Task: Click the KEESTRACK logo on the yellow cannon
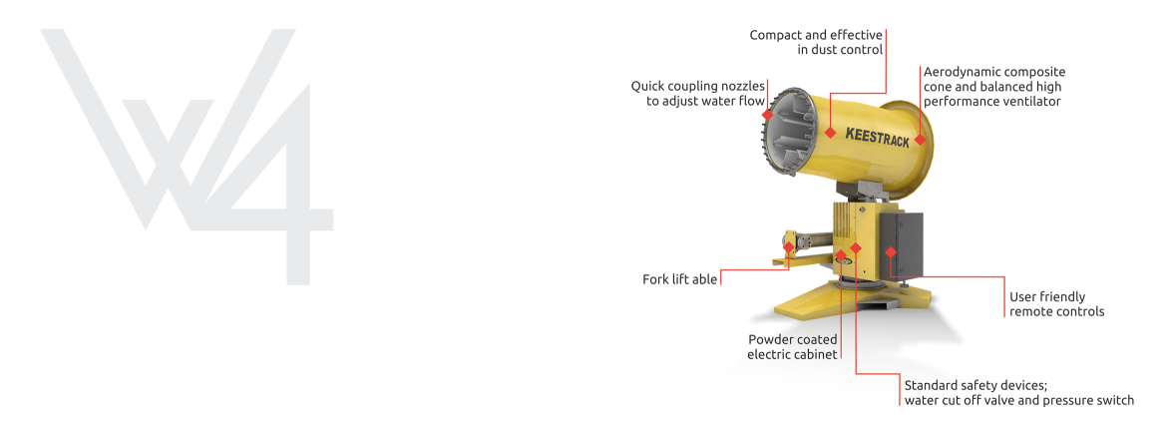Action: (878, 138)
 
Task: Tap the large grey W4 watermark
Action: (187, 157)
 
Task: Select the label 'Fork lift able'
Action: (679, 280)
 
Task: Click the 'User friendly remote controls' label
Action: (1057, 304)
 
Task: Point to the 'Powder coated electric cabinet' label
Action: (792, 346)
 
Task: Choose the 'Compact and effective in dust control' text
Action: (816, 43)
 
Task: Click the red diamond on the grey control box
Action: (890, 251)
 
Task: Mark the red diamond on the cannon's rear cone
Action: (920, 140)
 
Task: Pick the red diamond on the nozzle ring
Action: (768, 115)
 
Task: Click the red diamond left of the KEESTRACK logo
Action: (831, 133)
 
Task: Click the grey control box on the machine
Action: (902, 245)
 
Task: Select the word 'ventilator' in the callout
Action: (1035, 102)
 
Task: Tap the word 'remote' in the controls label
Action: (1029, 311)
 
